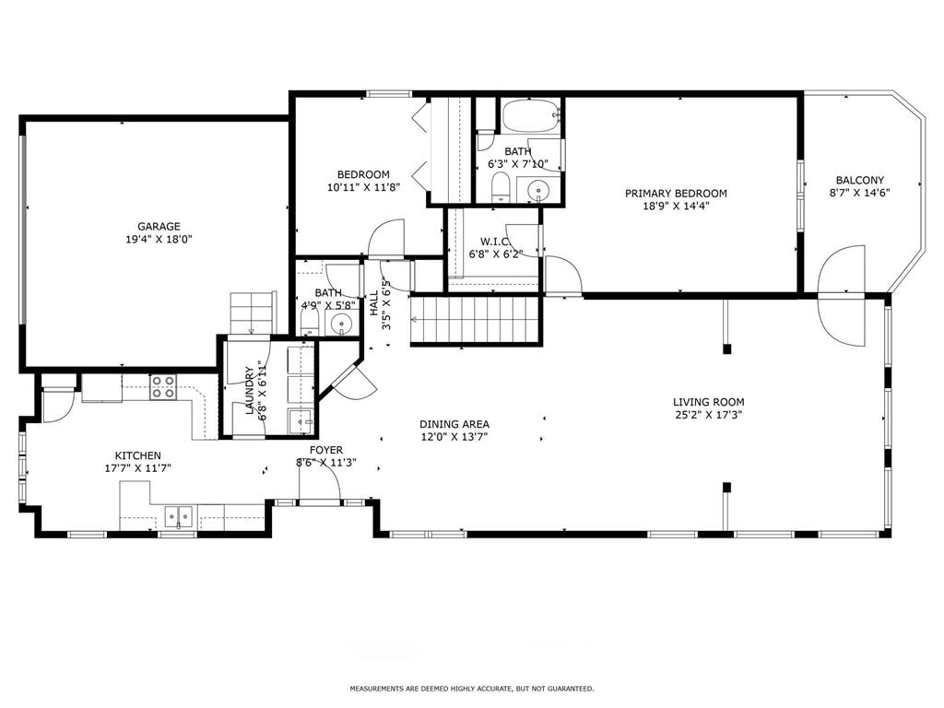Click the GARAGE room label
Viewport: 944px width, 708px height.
tap(159, 227)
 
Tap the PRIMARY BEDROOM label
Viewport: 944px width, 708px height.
tap(676, 194)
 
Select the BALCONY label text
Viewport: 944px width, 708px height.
tap(860, 180)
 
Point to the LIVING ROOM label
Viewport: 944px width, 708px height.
tap(709, 402)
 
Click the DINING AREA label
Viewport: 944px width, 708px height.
tap(454, 424)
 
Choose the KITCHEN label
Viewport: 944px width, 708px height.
tap(138, 455)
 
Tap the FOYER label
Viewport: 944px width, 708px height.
tap(326, 450)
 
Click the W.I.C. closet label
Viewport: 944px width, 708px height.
tap(495, 242)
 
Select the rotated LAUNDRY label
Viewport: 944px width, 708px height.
tap(250, 390)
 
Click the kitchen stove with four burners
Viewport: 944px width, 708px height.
tap(163, 386)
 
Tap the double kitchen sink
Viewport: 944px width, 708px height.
tap(179, 516)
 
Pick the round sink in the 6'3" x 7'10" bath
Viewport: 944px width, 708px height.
tap(537, 191)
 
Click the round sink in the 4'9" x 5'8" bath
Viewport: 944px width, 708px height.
tap(341, 324)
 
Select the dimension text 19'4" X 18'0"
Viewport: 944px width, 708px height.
tap(159, 239)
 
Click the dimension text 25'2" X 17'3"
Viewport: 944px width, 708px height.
tap(709, 414)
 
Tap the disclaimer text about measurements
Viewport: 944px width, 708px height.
tap(472, 688)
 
